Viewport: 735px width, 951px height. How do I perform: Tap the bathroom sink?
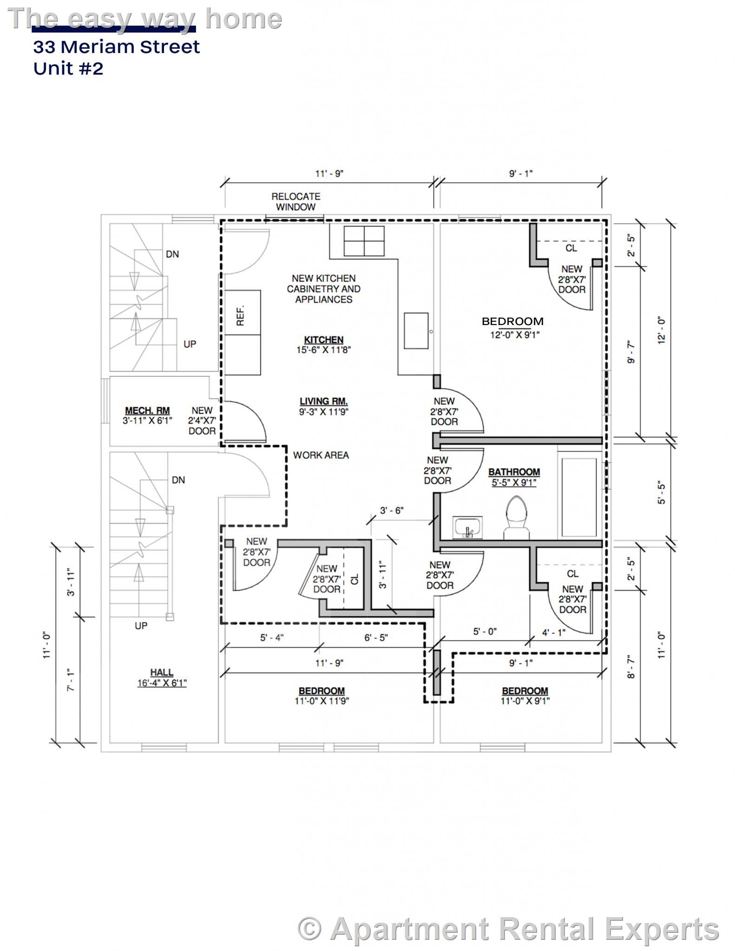[468, 528]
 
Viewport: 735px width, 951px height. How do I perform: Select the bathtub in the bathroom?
[579, 497]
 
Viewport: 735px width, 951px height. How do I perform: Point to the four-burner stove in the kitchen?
[364, 241]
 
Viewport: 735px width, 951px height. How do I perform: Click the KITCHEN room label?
[323, 340]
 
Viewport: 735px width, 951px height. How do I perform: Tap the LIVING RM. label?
[323, 401]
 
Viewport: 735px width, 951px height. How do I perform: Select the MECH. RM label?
[147, 410]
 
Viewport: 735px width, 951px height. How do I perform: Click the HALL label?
[162, 672]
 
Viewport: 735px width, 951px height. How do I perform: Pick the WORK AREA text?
[321, 455]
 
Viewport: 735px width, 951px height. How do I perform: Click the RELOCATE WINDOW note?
[296, 202]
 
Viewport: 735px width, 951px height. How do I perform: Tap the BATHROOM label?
[514, 472]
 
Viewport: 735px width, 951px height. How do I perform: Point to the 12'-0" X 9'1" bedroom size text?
[515, 335]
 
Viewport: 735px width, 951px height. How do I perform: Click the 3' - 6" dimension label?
[392, 511]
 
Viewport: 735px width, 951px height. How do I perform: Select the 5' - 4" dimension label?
[272, 638]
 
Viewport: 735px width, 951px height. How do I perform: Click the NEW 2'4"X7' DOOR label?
[202, 421]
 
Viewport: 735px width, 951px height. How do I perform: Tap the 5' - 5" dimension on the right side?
[662, 493]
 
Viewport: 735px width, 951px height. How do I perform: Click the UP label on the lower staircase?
[141, 625]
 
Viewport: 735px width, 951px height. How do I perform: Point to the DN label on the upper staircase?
[172, 254]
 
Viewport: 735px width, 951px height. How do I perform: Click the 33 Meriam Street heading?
[116, 47]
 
